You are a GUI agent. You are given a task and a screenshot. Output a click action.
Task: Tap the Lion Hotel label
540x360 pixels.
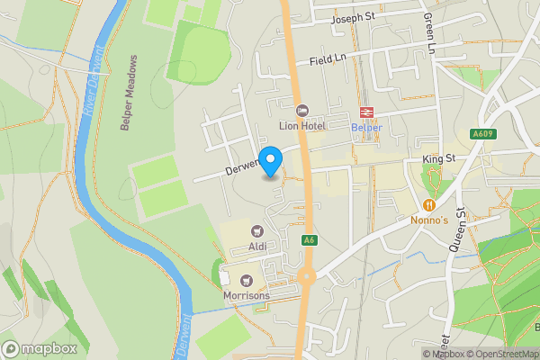[301, 126]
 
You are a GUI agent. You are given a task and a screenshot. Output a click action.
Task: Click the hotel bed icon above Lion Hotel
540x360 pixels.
[301, 110]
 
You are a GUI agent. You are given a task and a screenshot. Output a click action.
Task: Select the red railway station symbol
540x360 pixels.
[366, 112]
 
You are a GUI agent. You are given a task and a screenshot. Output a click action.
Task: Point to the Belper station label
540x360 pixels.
[366, 128]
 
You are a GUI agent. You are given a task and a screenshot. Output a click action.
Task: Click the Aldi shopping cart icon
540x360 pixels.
[256, 230]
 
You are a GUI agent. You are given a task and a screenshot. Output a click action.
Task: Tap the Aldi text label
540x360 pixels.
[256, 246]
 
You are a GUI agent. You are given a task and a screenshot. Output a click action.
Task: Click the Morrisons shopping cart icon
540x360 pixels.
[245, 279]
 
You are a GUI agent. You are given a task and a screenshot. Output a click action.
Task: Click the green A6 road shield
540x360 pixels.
[310, 240]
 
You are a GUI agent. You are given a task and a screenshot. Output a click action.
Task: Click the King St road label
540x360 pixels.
[440, 159]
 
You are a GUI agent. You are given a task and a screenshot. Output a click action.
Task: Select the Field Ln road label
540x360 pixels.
[328, 58]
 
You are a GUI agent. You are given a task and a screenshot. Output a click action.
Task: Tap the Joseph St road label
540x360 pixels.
[352, 17]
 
